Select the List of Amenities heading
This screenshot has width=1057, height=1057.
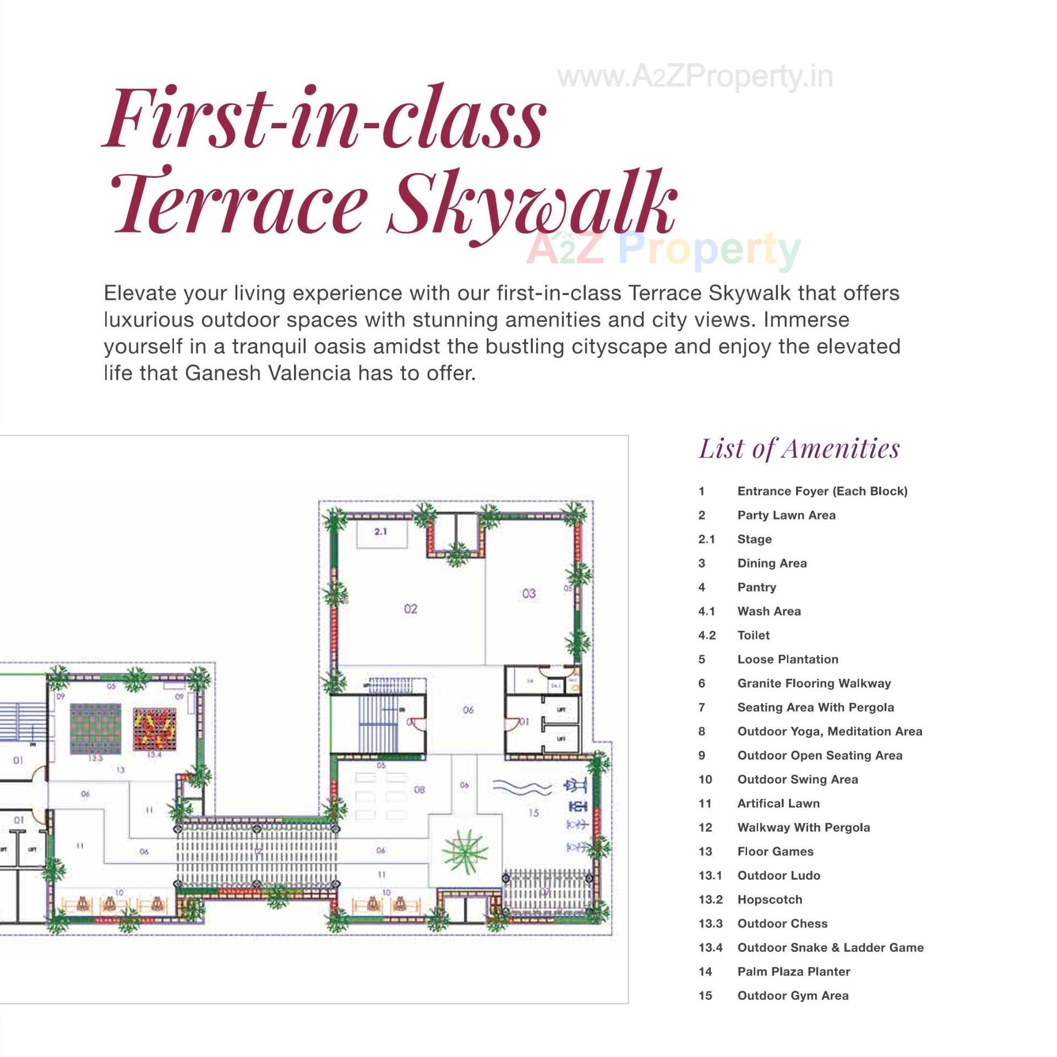coord(799,449)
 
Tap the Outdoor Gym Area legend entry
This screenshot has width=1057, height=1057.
coord(793,995)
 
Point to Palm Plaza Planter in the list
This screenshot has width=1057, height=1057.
coord(793,971)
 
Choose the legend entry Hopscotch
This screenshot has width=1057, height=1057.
coord(770,899)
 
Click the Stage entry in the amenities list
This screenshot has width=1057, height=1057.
coord(754,539)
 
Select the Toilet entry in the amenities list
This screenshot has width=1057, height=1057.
coord(753,635)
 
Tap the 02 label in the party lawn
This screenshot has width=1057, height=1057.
coord(411,608)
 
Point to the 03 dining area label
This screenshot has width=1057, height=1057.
coord(528,593)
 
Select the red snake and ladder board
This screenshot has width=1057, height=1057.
coord(155,728)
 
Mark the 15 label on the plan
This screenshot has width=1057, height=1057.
coord(533,813)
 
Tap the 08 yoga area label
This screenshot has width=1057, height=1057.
coord(419,790)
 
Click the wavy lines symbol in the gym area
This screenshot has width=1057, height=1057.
coord(521,787)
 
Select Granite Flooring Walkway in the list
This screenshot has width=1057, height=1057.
coord(814,683)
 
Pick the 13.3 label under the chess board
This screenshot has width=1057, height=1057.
coord(95,758)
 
